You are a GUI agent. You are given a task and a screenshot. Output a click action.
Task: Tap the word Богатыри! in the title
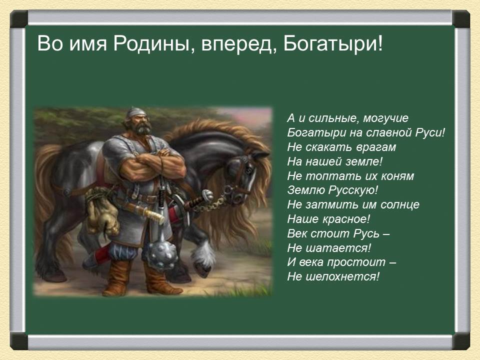333,44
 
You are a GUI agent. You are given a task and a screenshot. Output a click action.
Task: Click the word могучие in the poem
385,118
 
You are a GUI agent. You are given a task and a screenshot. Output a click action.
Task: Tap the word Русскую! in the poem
353,190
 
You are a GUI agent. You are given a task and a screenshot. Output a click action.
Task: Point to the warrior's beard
143,128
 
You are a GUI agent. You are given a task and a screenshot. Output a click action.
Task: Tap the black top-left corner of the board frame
18,18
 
